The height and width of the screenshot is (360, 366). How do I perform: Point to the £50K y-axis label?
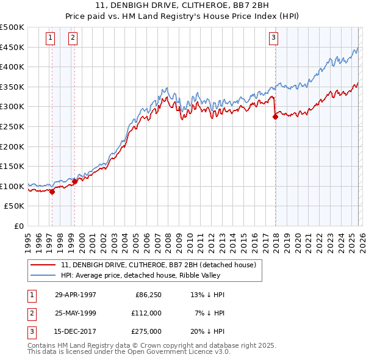coord(14,206)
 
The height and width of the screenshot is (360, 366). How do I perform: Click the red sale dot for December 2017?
coord(275,117)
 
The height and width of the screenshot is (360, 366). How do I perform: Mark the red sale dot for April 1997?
coord(52,192)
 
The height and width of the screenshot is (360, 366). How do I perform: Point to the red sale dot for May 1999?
coord(74,181)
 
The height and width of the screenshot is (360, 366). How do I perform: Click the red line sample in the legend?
coord(43,265)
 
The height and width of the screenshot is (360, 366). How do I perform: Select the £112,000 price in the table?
coord(146,313)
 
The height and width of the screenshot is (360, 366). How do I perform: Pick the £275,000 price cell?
coord(146,331)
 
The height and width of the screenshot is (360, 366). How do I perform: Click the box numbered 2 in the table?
coord(31,313)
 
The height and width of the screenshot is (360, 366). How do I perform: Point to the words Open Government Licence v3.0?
coord(184,352)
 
